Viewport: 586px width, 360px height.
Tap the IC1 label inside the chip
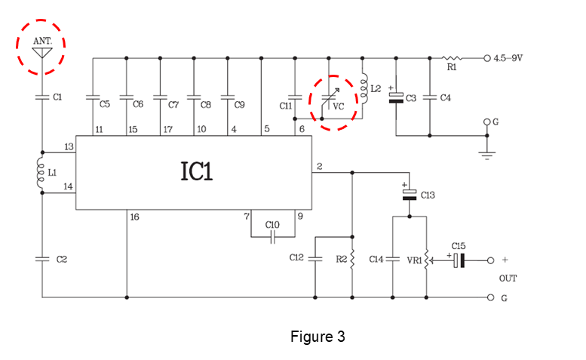point(196,171)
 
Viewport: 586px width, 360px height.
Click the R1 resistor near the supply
point(453,57)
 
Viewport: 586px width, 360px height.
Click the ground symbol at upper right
point(487,154)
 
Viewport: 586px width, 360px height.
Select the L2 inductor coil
point(364,90)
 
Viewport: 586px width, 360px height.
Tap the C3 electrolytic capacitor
point(396,97)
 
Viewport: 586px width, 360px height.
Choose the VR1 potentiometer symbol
point(427,260)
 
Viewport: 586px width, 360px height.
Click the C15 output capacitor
point(459,260)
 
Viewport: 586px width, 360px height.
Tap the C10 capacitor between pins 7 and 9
point(272,237)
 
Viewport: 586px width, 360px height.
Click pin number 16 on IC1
point(135,217)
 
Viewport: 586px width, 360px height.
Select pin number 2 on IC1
point(319,165)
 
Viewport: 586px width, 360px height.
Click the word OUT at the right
point(508,278)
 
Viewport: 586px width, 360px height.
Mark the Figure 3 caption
point(318,337)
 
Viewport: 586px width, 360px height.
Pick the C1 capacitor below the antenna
point(42,97)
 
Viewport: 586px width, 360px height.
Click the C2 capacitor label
point(62,259)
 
